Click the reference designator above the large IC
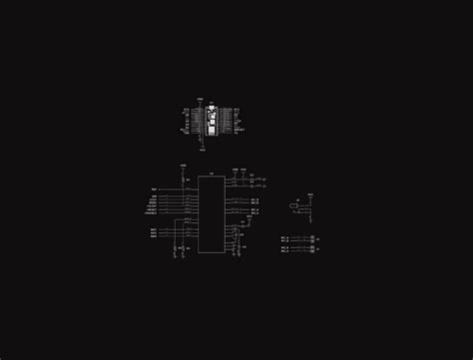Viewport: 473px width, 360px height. pyautogui.click(x=211, y=174)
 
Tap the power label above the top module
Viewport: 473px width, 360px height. pyautogui.click(x=201, y=99)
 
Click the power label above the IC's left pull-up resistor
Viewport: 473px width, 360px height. pyautogui.click(x=184, y=165)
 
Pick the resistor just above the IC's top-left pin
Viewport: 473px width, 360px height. pyautogui.click(x=184, y=179)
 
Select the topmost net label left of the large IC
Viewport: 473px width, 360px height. pyautogui.click(x=155, y=188)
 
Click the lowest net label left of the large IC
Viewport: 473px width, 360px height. pyautogui.click(x=154, y=236)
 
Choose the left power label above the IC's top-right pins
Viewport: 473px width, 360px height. pyautogui.click(x=236, y=171)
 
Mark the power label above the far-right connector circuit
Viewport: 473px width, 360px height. pyautogui.click(x=309, y=194)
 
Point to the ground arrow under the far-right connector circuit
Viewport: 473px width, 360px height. pyautogui.click(x=312, y=218)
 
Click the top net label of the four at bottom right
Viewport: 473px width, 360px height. pyautogui.click(x=284, y=236)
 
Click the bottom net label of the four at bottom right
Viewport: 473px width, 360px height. pyautogui.click(x=284, y=251)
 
